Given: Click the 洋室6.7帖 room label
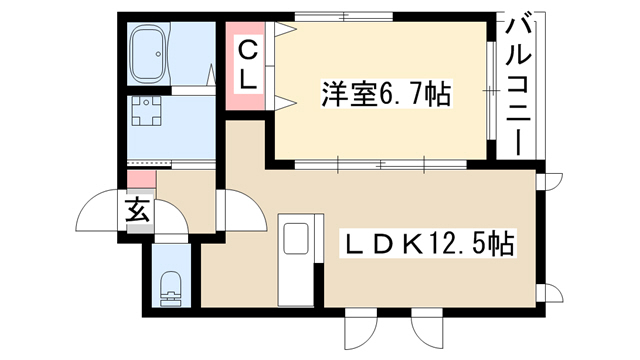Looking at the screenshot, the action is (387, 94).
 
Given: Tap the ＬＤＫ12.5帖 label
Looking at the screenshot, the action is (430, 244).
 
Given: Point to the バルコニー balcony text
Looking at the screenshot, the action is (518, 86).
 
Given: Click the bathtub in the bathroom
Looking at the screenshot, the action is (148, 53).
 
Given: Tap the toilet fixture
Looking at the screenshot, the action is (171, 289).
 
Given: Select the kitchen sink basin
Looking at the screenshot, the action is (296, 238).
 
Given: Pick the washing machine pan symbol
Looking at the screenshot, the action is (146, 110).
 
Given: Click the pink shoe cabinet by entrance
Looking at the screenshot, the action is (141, 180).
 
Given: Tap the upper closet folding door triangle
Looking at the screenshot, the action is (285, 30).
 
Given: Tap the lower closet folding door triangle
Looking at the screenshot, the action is (285, 103).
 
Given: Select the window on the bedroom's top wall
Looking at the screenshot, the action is (344, 17).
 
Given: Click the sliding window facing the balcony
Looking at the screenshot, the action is (491, 91).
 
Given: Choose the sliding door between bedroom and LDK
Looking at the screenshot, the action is (381, 165).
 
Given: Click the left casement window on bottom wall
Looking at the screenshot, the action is (361, 330).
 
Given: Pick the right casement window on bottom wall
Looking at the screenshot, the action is (427, 330).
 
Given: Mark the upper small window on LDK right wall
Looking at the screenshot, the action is (549, 181).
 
